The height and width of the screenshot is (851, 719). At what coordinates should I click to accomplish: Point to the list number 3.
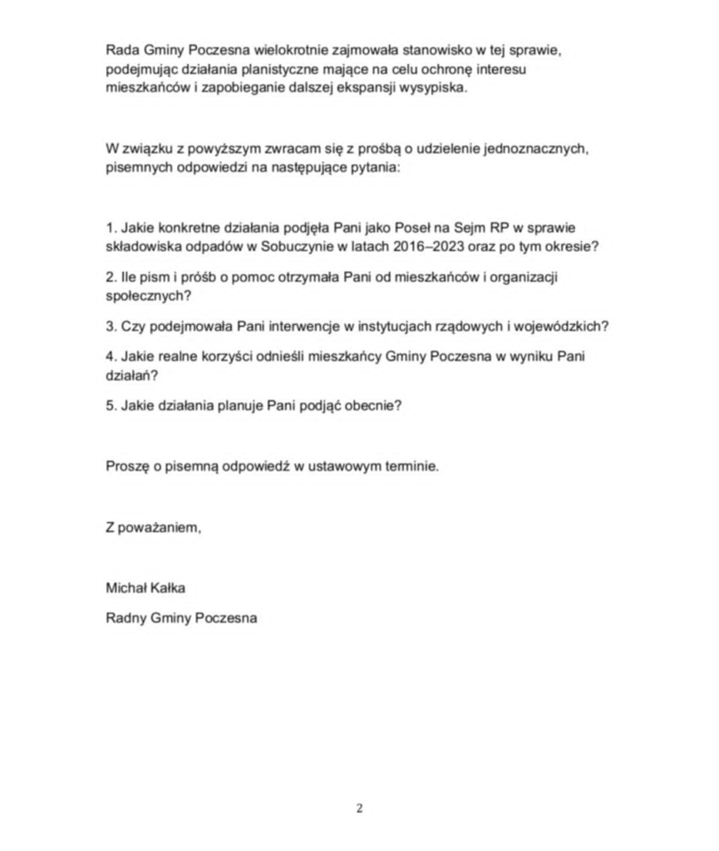click(110, 326)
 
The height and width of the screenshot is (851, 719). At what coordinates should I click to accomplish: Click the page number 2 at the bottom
click(359, 808)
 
